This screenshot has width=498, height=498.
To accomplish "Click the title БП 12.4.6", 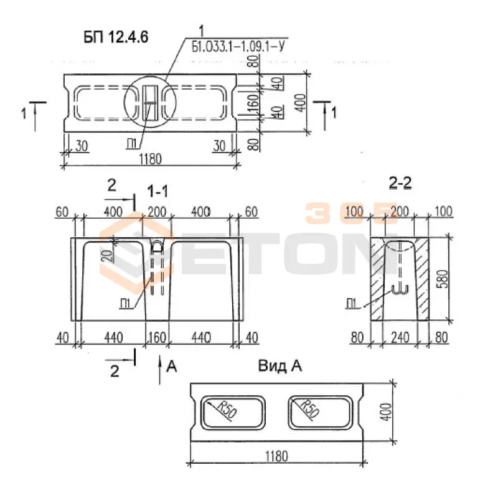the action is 116,37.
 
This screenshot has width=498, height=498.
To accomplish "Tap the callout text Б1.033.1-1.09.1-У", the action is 238,47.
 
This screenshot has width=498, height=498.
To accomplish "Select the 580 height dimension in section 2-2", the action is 443,279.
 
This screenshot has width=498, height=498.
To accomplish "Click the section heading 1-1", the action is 157,192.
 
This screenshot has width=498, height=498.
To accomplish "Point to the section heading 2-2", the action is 400,183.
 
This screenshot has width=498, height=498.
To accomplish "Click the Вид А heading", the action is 280,366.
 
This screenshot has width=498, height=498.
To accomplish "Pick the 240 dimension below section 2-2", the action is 400,337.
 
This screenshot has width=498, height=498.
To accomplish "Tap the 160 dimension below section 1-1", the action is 157,337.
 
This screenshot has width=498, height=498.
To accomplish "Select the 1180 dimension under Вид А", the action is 276,456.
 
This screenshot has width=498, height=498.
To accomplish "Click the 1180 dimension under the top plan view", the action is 150,159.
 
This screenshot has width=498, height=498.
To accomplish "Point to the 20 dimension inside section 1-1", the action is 108,255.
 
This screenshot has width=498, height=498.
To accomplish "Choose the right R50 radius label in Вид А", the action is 309,408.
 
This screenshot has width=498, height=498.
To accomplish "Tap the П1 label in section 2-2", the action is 351,304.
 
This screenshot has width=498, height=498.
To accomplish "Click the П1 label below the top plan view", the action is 131,144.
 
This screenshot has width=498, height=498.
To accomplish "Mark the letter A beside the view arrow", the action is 172,367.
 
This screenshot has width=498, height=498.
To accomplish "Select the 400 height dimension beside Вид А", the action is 386,412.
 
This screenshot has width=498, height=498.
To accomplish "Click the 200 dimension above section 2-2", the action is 400,211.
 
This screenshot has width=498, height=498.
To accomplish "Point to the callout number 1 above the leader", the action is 201,32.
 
